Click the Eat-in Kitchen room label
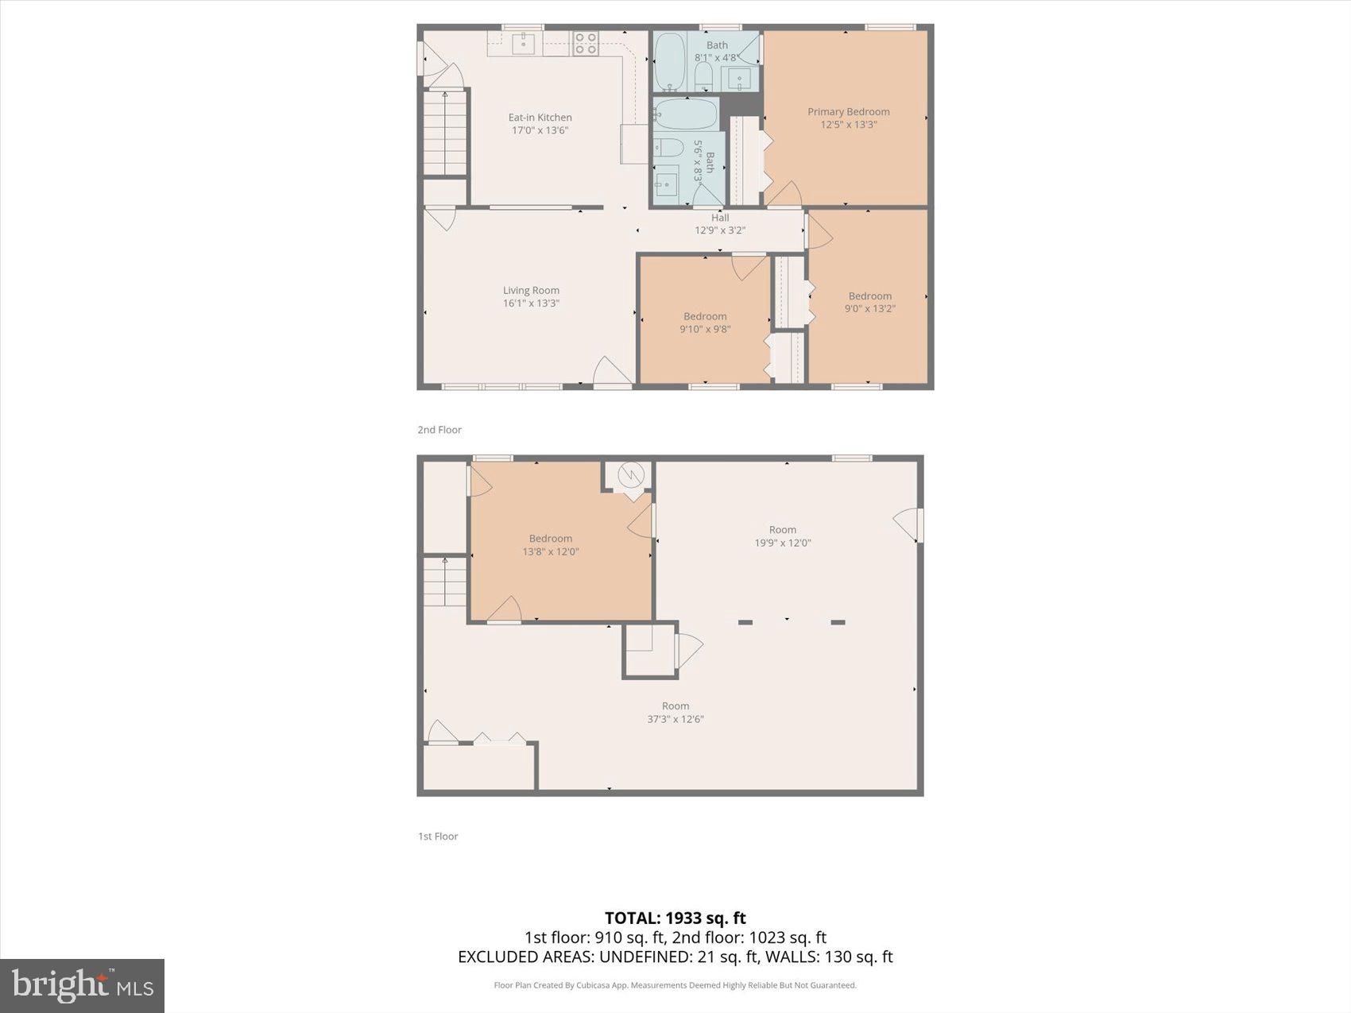(540, 118)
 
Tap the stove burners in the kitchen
(586, 43)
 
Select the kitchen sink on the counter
(523, 43)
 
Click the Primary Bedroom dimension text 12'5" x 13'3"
(848, 125)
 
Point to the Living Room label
(531, 291)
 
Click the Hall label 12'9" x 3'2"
(720, 224)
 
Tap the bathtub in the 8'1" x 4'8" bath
(670, 61)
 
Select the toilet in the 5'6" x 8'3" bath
(668, 148)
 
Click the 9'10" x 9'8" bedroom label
(705, 323)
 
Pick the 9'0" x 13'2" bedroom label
(869, 302)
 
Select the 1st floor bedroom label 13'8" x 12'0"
(550, 545)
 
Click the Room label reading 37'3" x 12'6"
(675, 713)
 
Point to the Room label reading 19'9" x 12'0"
(782, 536)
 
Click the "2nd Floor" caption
(439, 430)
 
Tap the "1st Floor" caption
(438, 836)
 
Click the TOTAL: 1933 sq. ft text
(675, 918)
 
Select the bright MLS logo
(82, 985)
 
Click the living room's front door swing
(610, 372)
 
